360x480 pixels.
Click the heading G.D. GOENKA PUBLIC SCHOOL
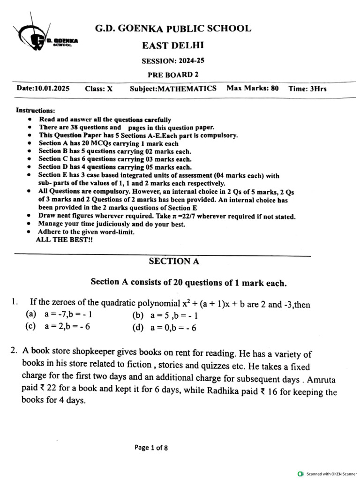point(173,29)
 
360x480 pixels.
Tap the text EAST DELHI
point(173,45)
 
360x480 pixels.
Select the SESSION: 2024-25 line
point(173,61)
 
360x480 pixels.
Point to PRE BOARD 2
point(170,75)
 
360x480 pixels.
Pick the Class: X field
point(98,89)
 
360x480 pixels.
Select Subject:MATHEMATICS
point(173,89)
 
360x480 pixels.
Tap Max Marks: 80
point(252,88)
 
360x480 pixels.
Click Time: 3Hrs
point(307,89)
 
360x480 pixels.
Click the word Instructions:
point(36,111)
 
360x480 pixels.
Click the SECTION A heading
point(174,262)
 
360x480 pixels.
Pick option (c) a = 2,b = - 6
point(58,327)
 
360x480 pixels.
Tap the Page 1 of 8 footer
point(151,448)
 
